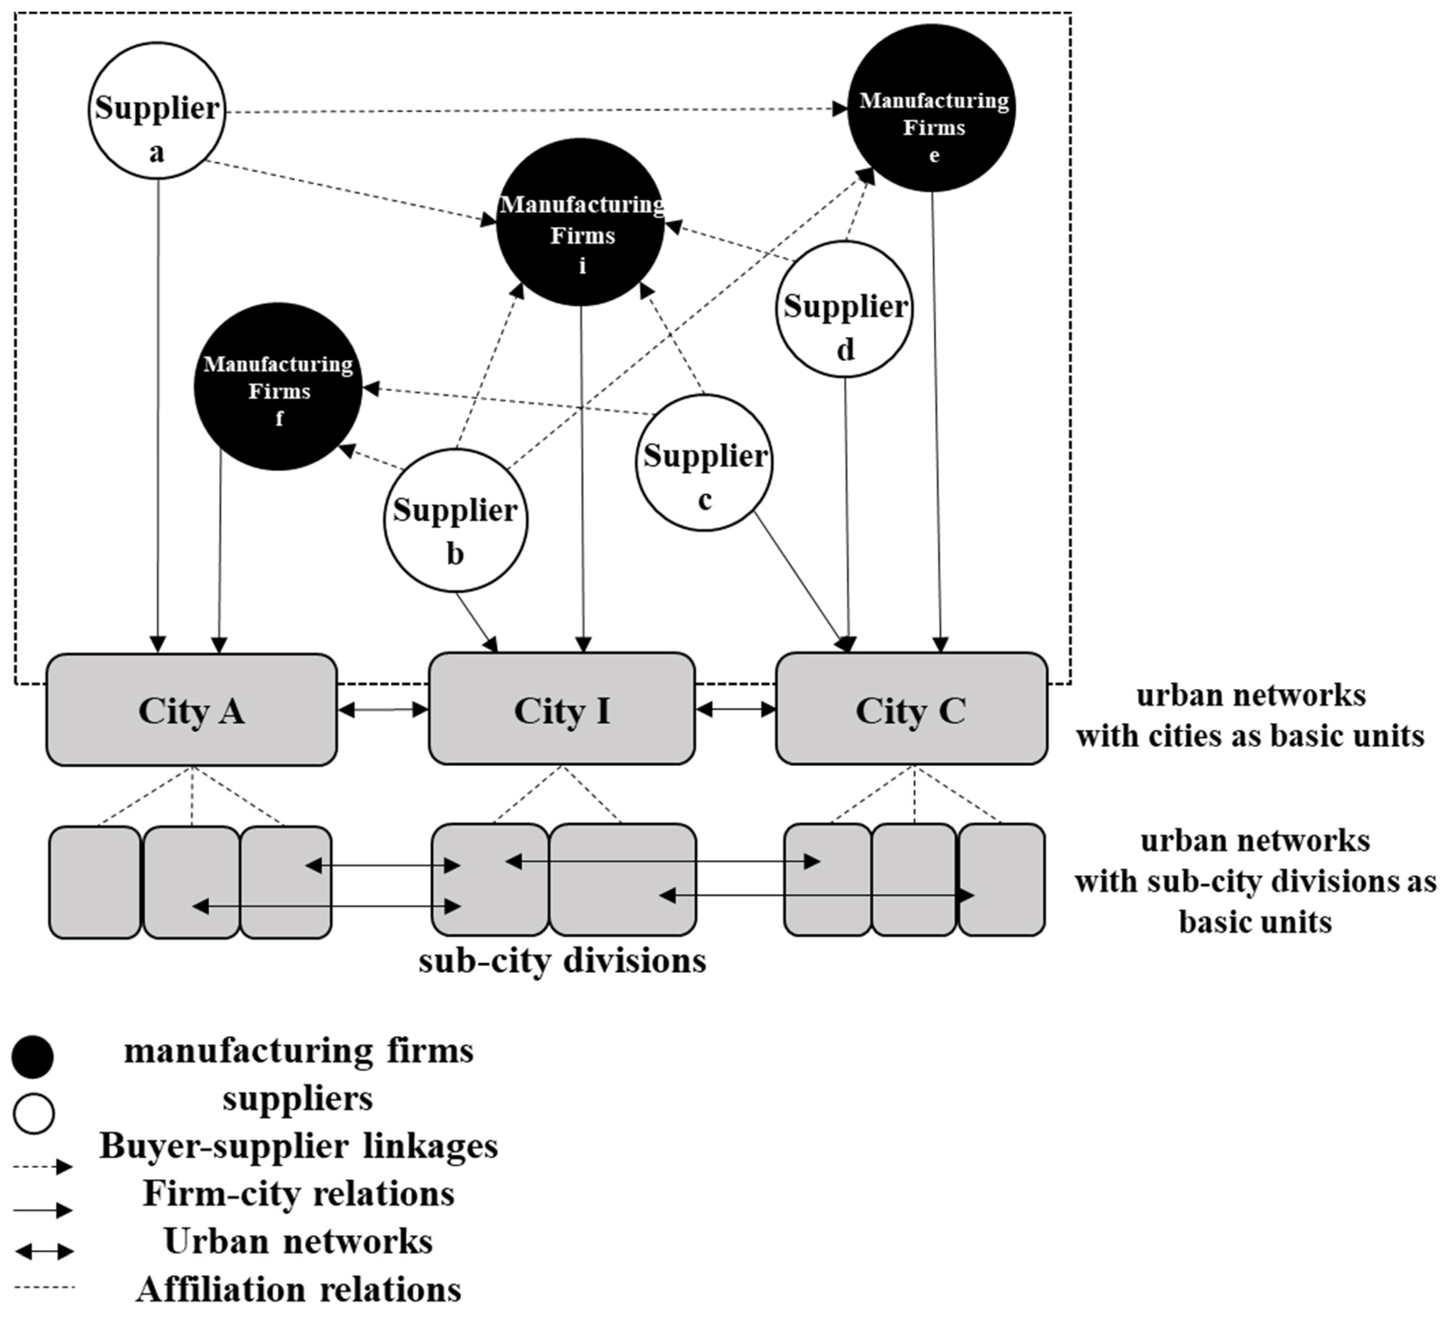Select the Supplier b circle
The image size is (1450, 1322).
(455, 521)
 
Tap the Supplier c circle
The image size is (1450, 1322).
(704, 462)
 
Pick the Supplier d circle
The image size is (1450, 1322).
(844, 309)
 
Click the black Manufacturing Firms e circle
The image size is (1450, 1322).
(932, 108)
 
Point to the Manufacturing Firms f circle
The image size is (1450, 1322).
(279, 387)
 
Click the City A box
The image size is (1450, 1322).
(191, 710)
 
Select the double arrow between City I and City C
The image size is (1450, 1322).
(736, 710)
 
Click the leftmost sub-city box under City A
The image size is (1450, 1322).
(95, 882)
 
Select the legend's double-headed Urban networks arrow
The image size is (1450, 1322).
(44, 1252)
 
